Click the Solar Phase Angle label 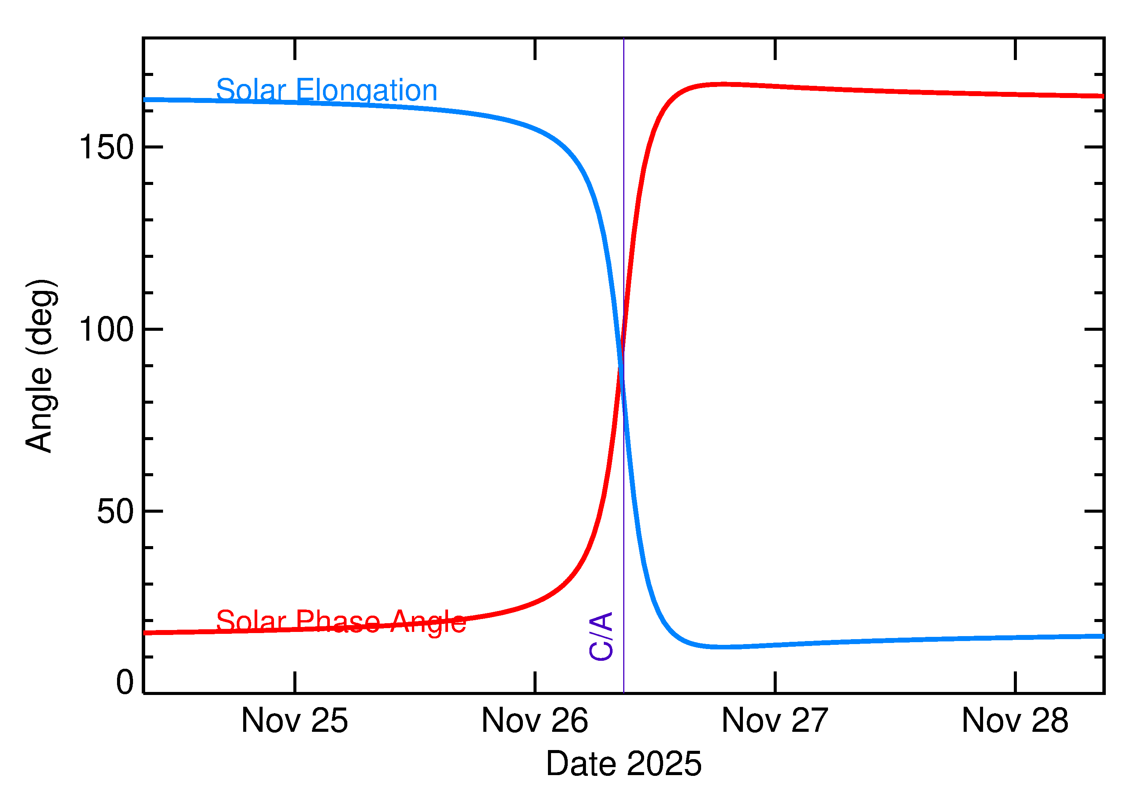[341, 622]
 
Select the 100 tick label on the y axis [106, 330]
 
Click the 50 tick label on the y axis [116, 511]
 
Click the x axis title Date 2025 [624, 764]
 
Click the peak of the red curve [721, 84]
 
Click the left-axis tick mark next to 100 [153, 329]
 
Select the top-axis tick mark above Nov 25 [295, 49]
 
